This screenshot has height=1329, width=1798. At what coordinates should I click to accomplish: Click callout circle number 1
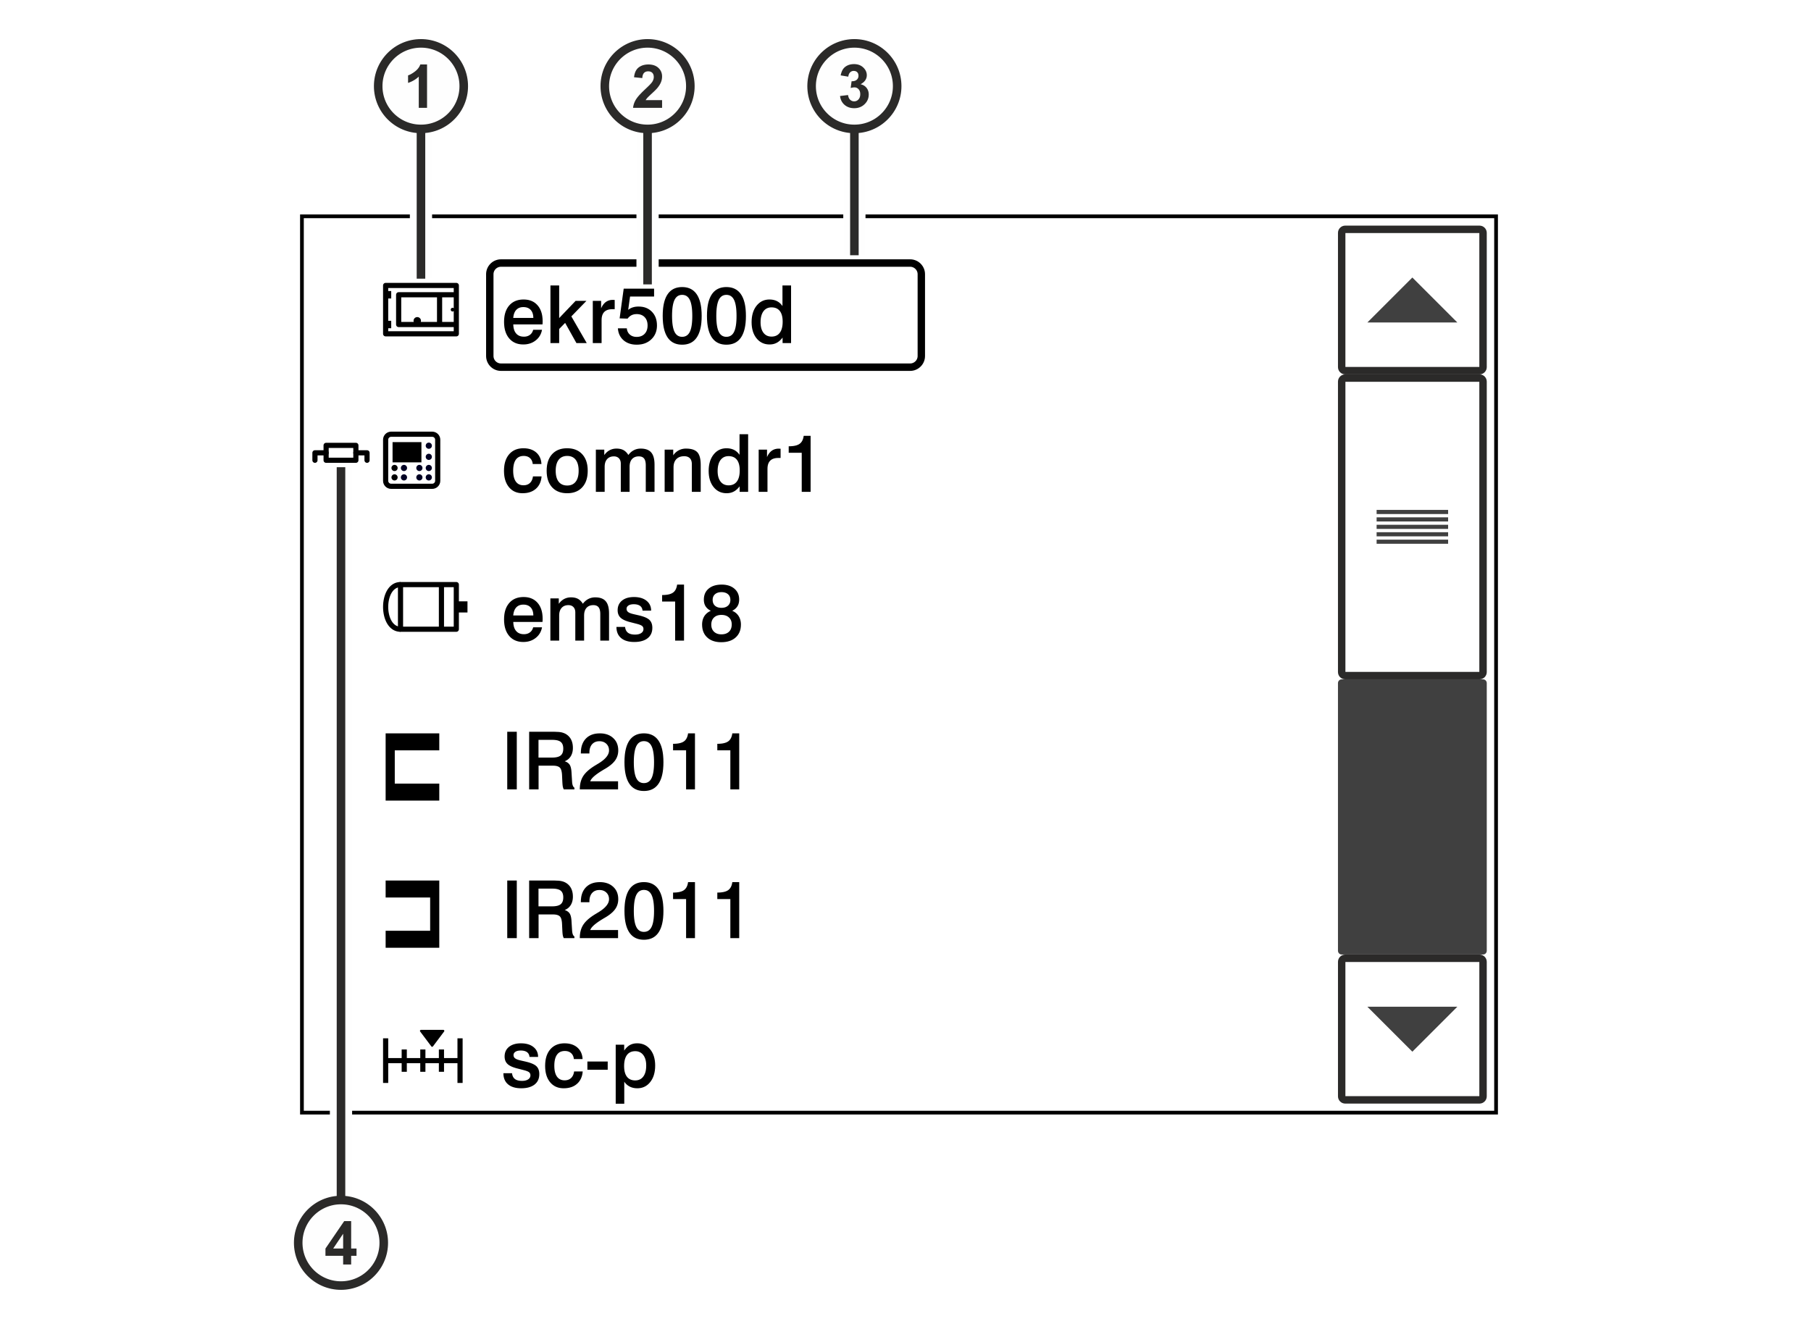click(421, 86)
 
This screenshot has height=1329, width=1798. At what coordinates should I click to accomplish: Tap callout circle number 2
click(648, 86)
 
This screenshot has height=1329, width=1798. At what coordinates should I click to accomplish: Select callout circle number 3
click(854, 86)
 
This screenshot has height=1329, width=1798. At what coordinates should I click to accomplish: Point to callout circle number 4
click(341, 1243)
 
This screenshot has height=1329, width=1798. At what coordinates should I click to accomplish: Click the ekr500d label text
click(648, 317)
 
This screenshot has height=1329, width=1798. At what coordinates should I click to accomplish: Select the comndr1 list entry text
click(660, 465)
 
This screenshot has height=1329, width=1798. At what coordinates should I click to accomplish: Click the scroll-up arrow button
click(1412, 300)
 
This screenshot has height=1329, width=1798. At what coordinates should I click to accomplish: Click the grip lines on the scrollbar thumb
click(1412, 527)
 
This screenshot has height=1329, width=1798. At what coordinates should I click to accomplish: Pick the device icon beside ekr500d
click(421, 310)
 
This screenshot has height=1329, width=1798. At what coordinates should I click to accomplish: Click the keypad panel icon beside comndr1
click(411, 460)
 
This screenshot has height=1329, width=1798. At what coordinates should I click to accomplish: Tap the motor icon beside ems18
click(425, 607)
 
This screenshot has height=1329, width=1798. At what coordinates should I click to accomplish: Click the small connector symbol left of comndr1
click(341, 453)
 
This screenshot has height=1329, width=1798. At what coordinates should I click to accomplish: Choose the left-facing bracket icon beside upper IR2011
click(413, 767)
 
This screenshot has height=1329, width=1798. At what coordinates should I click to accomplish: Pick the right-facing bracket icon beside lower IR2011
click(413, 915)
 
